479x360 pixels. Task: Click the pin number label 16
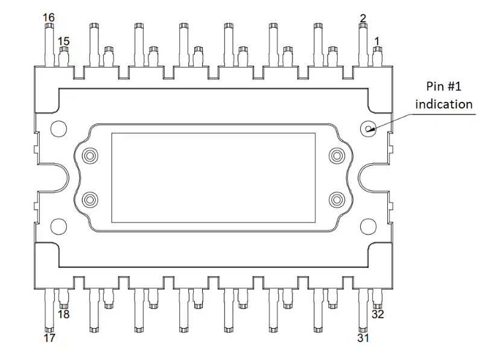coord(49,17)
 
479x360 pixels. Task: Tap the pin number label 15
coord(63,41)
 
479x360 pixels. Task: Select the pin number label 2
coord(363,18)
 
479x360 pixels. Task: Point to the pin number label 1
coord(377,41)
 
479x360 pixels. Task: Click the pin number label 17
coord(49,338)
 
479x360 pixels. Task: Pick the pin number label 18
coord(63,314)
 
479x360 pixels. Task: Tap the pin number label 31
coord(363,338)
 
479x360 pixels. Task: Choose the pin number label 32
coord(378,314)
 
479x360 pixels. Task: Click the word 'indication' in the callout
coord(443,104)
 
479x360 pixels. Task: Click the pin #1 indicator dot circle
coord(368,128)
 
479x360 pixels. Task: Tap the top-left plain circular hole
coord(59,128)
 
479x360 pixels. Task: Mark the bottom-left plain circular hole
coord(59,226)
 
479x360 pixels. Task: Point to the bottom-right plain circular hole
coord(368,226)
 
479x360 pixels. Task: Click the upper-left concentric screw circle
coord(90,156)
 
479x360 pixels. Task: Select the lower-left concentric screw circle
coord(90,200)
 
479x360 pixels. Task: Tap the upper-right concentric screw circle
coord(337,156)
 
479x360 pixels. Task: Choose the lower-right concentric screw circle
coord(337,200)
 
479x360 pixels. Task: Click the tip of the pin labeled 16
coord(49,25)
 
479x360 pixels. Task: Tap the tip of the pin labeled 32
coord(378,307)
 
